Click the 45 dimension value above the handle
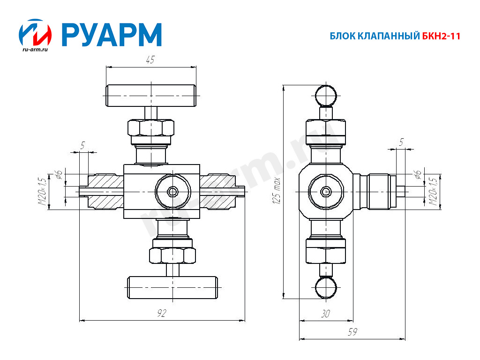click(150, 60)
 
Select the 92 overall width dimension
click(161, 313)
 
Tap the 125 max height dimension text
click(277, 191)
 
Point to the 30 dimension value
click(325, 314)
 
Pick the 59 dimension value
click(352, 332)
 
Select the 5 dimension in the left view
click(82, 145)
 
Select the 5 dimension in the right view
click(401, 142)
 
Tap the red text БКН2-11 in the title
click(441, 36)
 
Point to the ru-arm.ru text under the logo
click(35, 49)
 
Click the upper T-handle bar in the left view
click(151, 96)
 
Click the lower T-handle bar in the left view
click(172, 287)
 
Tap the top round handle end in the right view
click(326, 95)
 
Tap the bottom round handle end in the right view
click(326, 287)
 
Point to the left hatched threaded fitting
click(105, 192)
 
